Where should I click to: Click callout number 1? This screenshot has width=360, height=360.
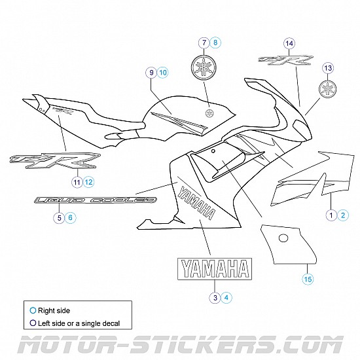click(333, 215)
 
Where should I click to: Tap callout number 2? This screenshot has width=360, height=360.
click(344, 215)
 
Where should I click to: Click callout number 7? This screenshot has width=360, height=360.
click(205, 43)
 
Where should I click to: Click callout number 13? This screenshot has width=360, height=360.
click(329, 68)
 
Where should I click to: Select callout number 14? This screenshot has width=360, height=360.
click(289, 43)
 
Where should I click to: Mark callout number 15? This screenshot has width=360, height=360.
click(308, 279)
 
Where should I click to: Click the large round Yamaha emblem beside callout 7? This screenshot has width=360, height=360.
click(205, 67)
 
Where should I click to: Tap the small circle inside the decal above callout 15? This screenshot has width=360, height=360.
click(283, 237)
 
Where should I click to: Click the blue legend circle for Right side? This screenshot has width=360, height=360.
click(33, 311)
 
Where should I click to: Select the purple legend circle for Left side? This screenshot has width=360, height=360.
click(33, 323)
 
